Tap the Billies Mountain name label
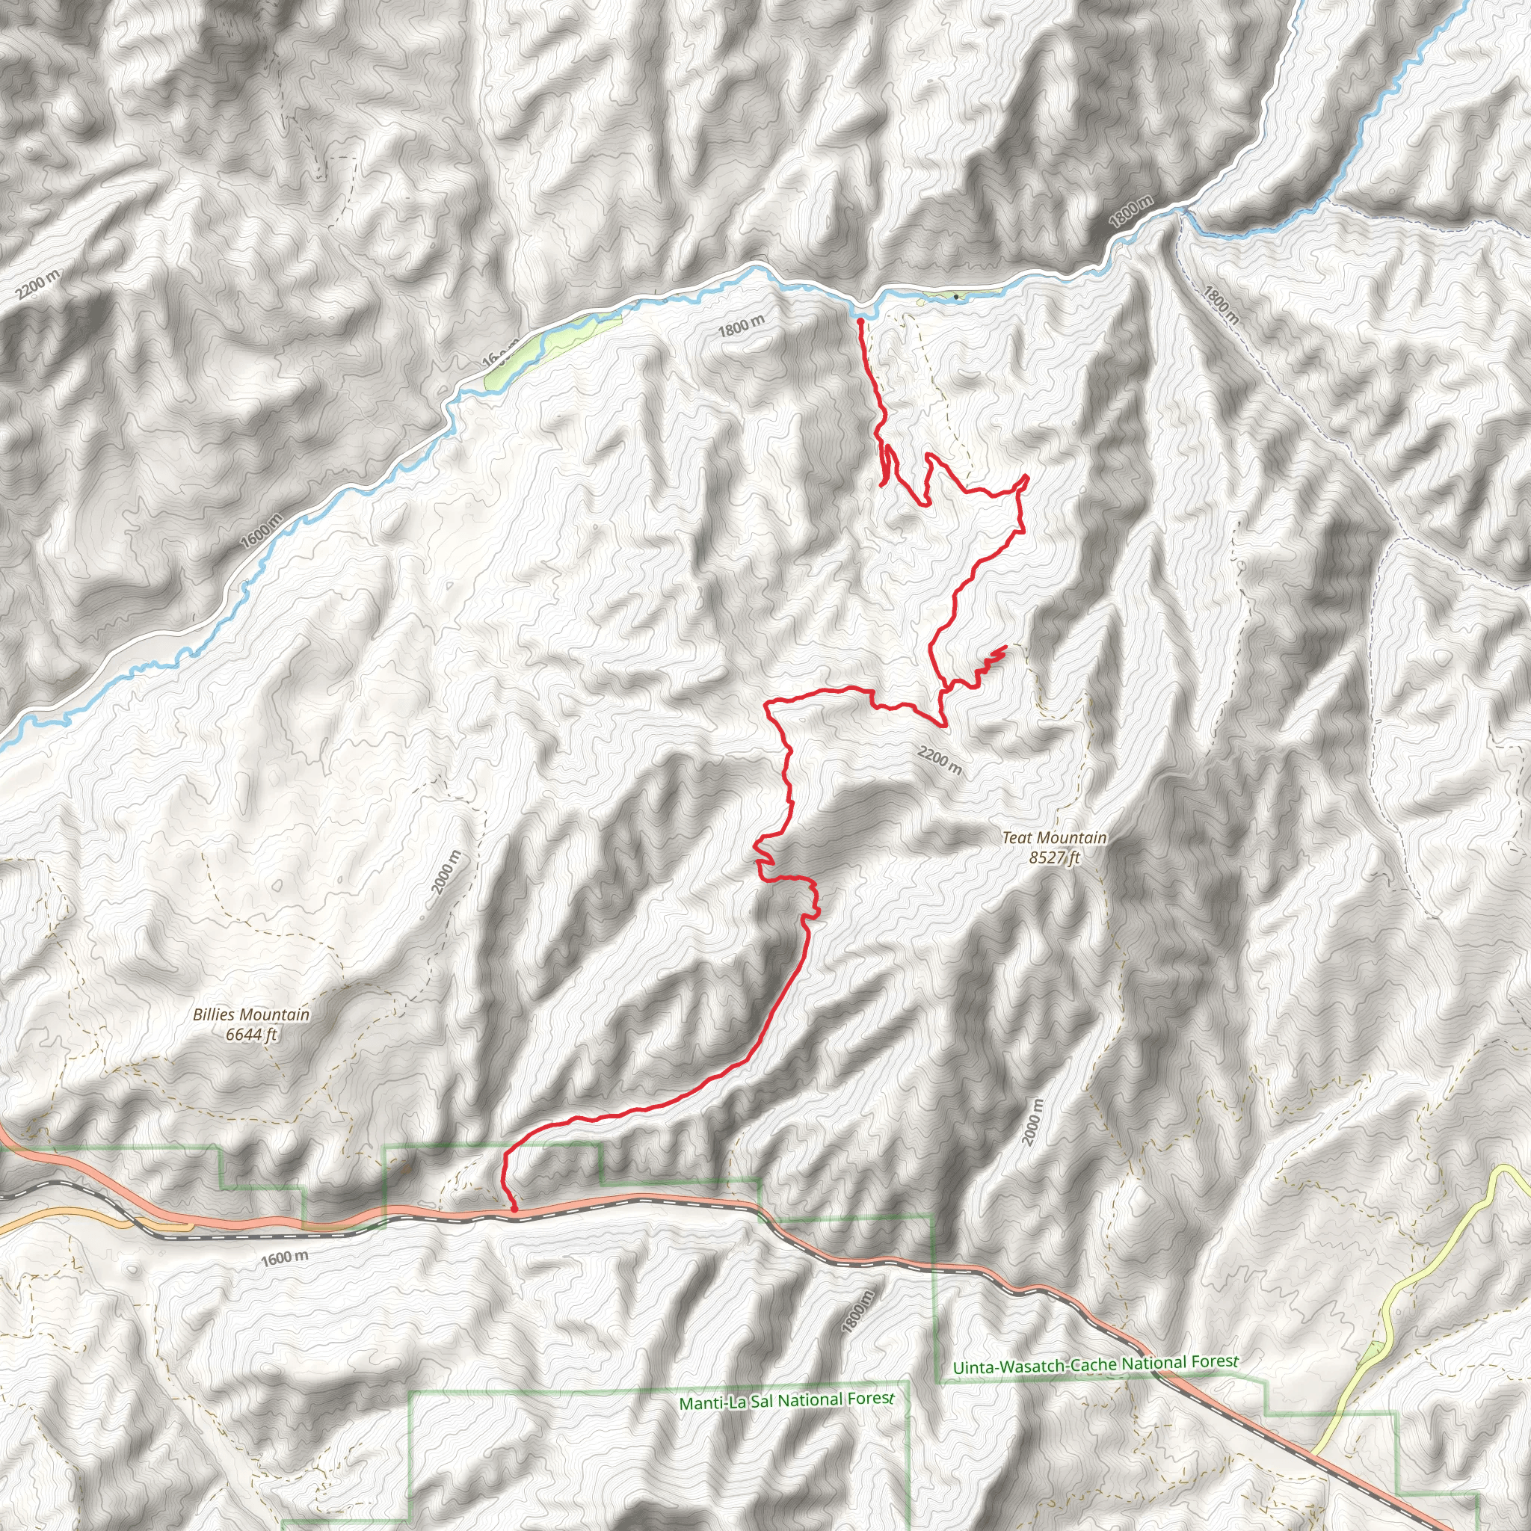(251, 1014)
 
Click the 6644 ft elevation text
(251, 1034)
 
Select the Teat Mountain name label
(1054, 837)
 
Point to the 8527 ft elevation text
(1054, 857)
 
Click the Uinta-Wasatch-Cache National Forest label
(1095, 1364)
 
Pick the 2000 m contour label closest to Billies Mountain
(446, 872)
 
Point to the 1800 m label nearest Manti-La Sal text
(859, 1311)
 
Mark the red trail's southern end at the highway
(514, 1210)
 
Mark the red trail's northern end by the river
(860, 321)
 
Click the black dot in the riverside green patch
(956, 298)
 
